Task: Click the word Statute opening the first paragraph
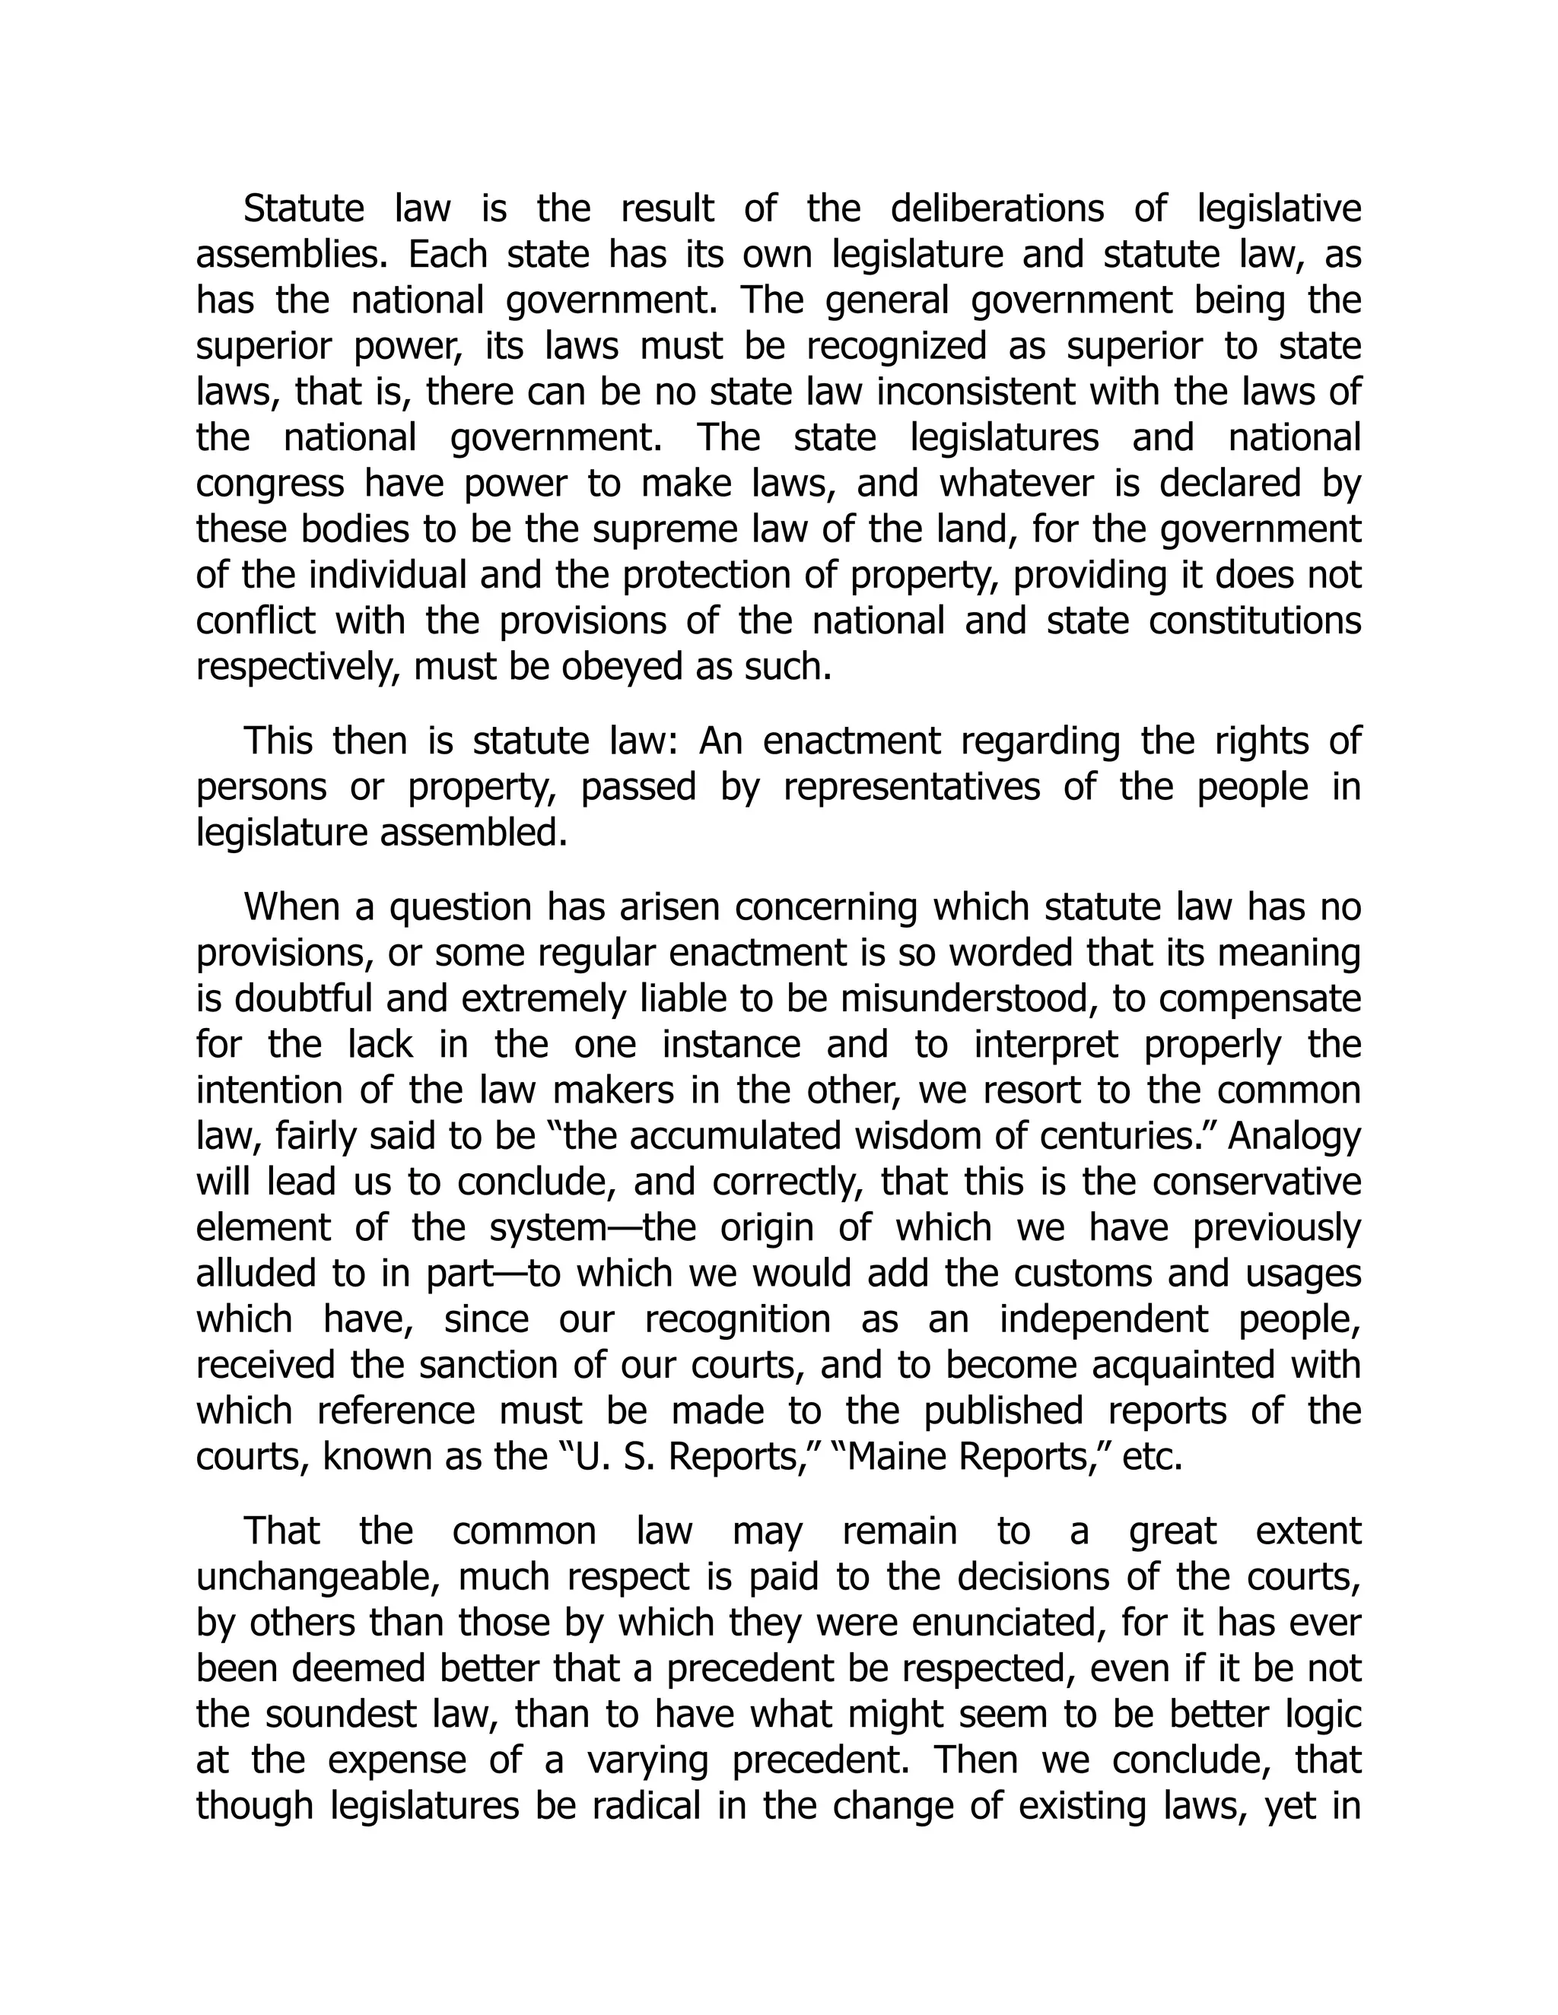(304, 209)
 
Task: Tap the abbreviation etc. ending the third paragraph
(1153, 1457)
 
